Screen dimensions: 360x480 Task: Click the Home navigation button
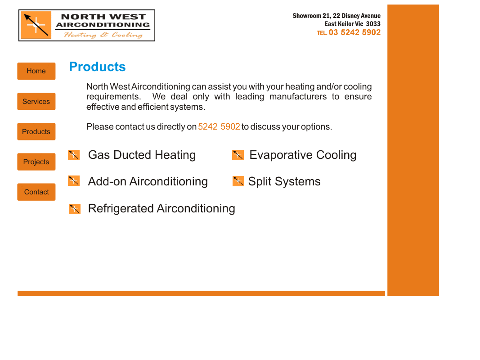[x=36, y=71]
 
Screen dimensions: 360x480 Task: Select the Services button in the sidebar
[x=36, y=101]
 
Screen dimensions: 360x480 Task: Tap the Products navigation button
[x=36, y=131]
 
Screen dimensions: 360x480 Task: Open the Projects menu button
[x=36, y=162]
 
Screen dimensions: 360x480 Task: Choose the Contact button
[x=36, y=192]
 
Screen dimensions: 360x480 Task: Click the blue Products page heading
[x=97, y=67]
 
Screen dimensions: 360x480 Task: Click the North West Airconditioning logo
[x=87, y=26]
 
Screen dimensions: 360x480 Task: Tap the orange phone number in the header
[x=354, y=32]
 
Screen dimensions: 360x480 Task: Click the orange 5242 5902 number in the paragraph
[x=219, y=126]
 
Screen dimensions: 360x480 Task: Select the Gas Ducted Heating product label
[x=142, y=155]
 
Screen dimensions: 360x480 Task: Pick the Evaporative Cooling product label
[x=303, y=155]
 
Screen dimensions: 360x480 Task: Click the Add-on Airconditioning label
[x=148, y=181]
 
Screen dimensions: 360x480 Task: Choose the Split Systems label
[x=284, y=181]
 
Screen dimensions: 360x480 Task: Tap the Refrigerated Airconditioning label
[x=161, y=208]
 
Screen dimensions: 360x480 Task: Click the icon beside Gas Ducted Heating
[x=74, y=155]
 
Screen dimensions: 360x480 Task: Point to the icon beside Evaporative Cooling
[x=238, y=155]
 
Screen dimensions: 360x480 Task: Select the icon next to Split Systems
[x=238, y=181]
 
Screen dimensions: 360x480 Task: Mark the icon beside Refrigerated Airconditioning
[x=75, y=209]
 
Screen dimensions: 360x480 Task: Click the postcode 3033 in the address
[x=373, y=24]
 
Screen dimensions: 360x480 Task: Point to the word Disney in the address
[x=351, y=16]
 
